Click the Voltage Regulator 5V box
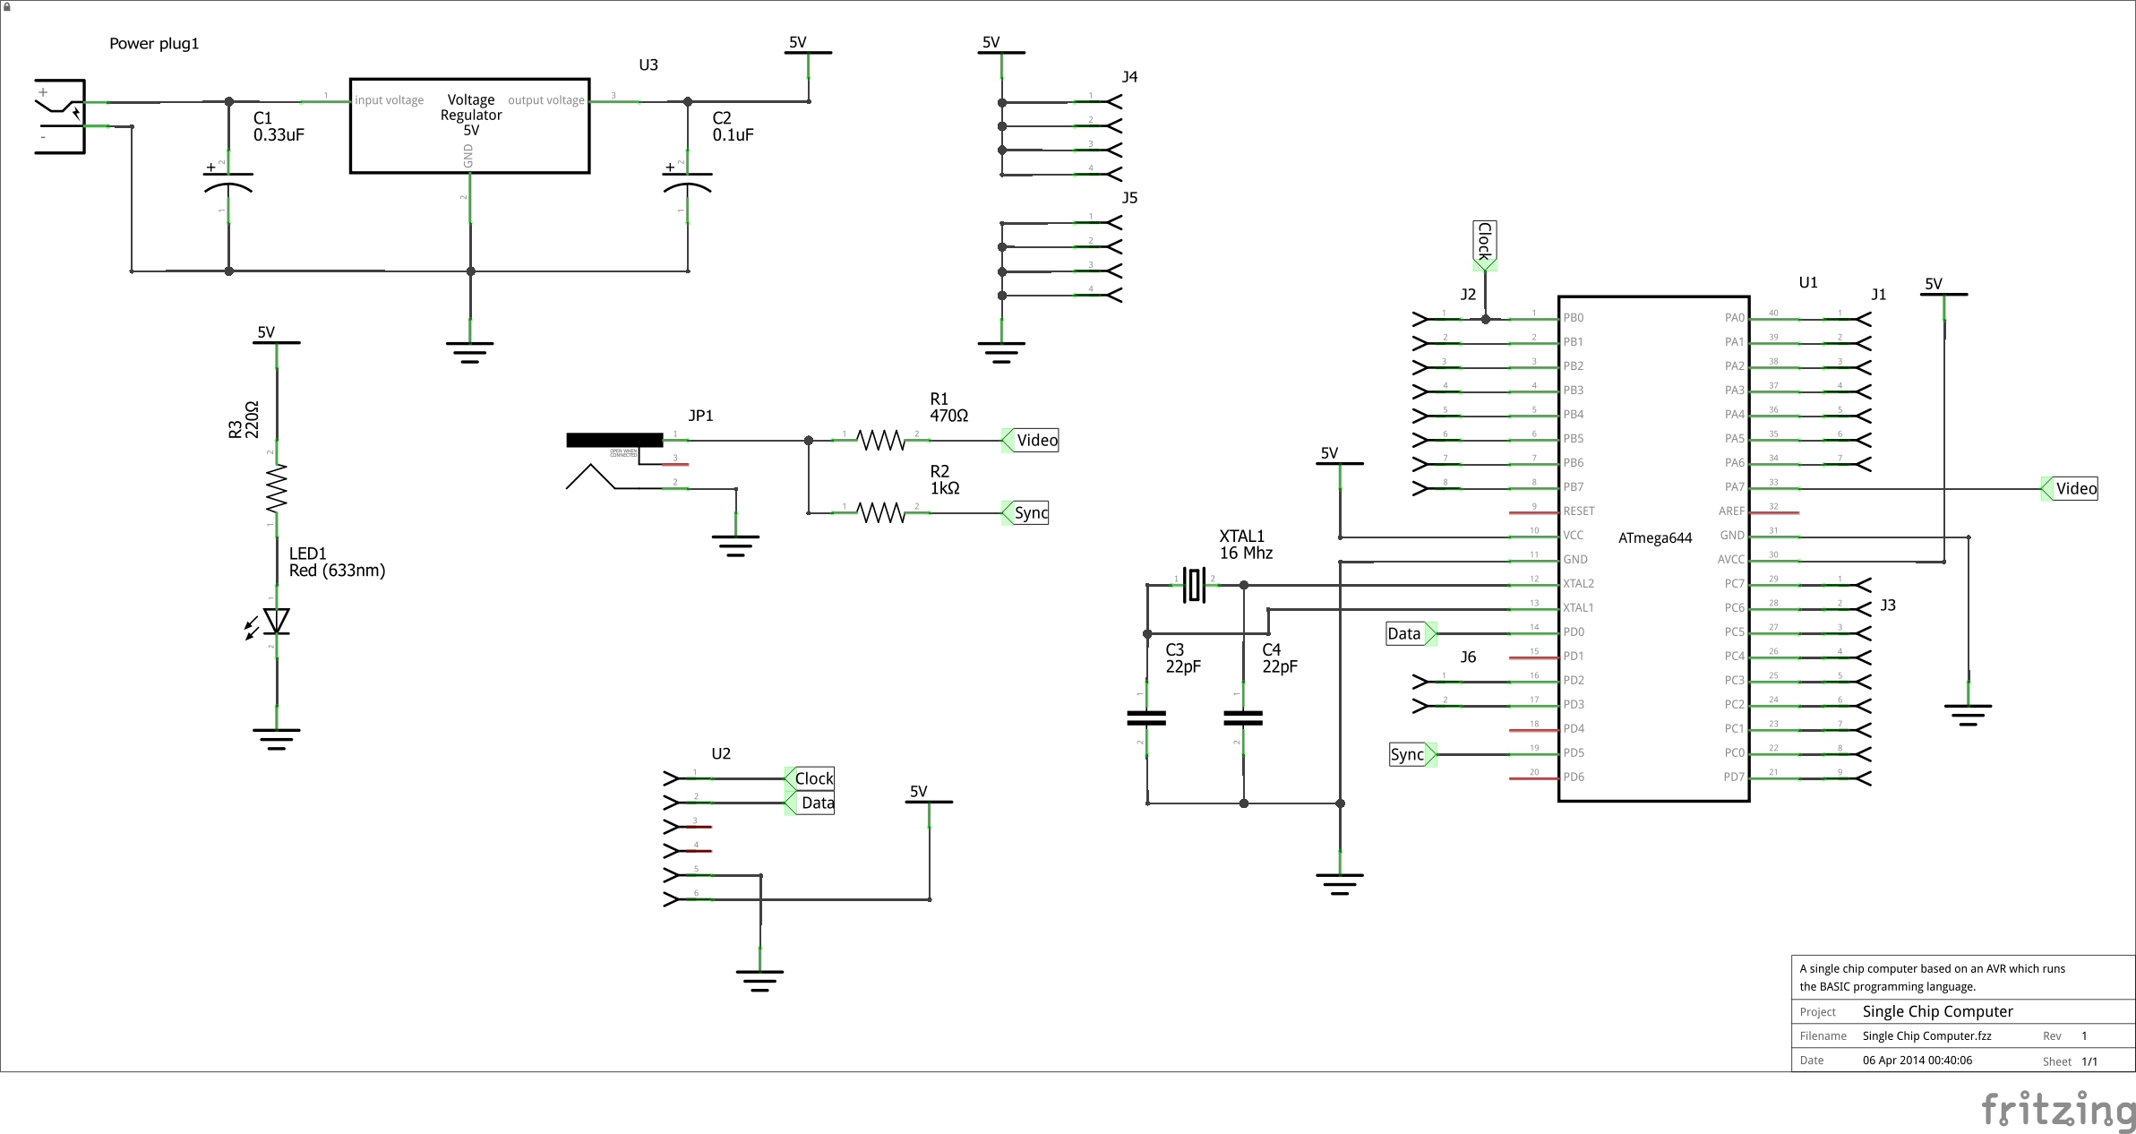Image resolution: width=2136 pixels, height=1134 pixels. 469,125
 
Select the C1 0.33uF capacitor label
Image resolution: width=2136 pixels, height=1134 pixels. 278,126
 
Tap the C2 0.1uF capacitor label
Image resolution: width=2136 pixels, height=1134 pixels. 733,126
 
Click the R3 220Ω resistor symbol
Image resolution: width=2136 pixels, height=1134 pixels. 277,488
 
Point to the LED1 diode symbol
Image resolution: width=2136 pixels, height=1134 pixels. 276,621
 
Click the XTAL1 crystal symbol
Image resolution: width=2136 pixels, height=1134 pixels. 1194,585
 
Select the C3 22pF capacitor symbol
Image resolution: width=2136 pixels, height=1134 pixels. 1146,717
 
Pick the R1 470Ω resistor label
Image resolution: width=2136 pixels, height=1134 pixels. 948,408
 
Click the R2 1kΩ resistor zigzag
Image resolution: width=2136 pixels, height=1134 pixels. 881,512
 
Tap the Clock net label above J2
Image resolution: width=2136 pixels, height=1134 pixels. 1484,243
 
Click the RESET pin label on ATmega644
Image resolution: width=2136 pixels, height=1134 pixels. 1578,511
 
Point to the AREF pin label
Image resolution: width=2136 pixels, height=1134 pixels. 1731,511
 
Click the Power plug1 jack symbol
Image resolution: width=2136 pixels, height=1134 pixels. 61,116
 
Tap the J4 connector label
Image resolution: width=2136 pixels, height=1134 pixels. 1129,77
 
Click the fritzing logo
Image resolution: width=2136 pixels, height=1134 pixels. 2058,1111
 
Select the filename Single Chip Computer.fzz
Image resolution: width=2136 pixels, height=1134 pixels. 1926,1035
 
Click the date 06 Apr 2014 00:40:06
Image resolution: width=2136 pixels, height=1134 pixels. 1917,1060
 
